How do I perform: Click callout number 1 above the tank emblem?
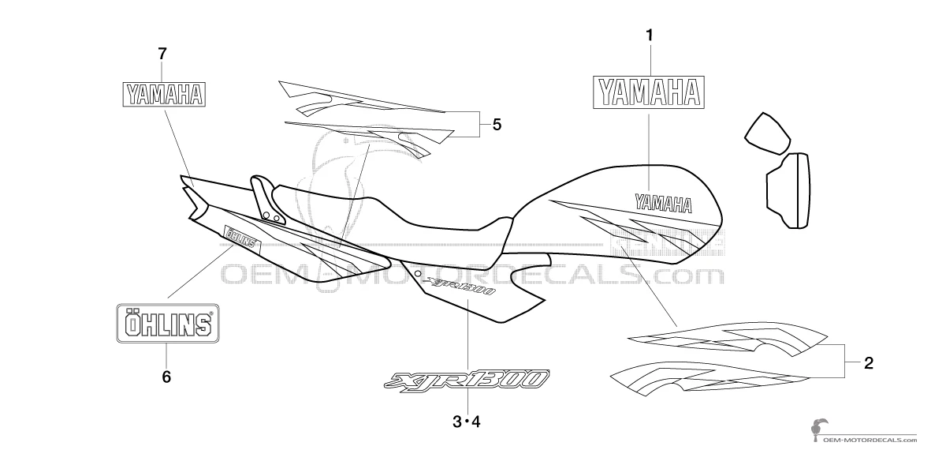(649, 36)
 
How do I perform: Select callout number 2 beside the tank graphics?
(868, 364)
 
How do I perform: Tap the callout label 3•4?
(466, 422)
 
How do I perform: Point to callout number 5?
(497, 124)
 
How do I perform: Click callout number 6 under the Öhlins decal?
(166, 377)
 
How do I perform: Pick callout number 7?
(162, 54)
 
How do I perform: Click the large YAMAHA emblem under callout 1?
(649, 92)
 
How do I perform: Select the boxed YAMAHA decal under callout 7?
(163, 95)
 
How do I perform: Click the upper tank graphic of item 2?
(725, 338)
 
